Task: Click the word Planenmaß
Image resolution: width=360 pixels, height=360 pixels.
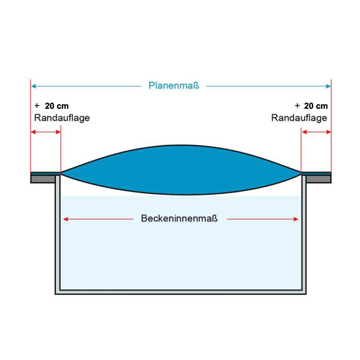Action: point(173,85)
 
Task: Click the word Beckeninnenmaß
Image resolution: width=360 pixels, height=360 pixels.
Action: point(180,219)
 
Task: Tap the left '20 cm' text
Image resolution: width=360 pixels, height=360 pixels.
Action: point(57,106)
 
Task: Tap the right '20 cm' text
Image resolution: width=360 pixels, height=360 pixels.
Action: point(316,106)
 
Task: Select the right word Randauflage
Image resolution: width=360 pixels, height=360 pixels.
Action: point(299,118)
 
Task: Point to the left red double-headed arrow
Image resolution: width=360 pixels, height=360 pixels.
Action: point(45,132)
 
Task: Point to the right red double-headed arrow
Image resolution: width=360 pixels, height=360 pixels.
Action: point(316,132)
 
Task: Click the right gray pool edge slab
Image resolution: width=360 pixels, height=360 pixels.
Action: point(319,179)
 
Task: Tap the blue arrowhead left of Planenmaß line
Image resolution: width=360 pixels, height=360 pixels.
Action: point(33,85)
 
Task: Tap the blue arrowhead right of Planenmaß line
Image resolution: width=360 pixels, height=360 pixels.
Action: point(328,85)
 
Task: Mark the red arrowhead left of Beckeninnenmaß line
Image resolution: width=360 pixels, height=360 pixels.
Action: point(66,219)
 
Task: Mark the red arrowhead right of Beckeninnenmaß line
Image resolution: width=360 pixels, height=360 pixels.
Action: point(296,219)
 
